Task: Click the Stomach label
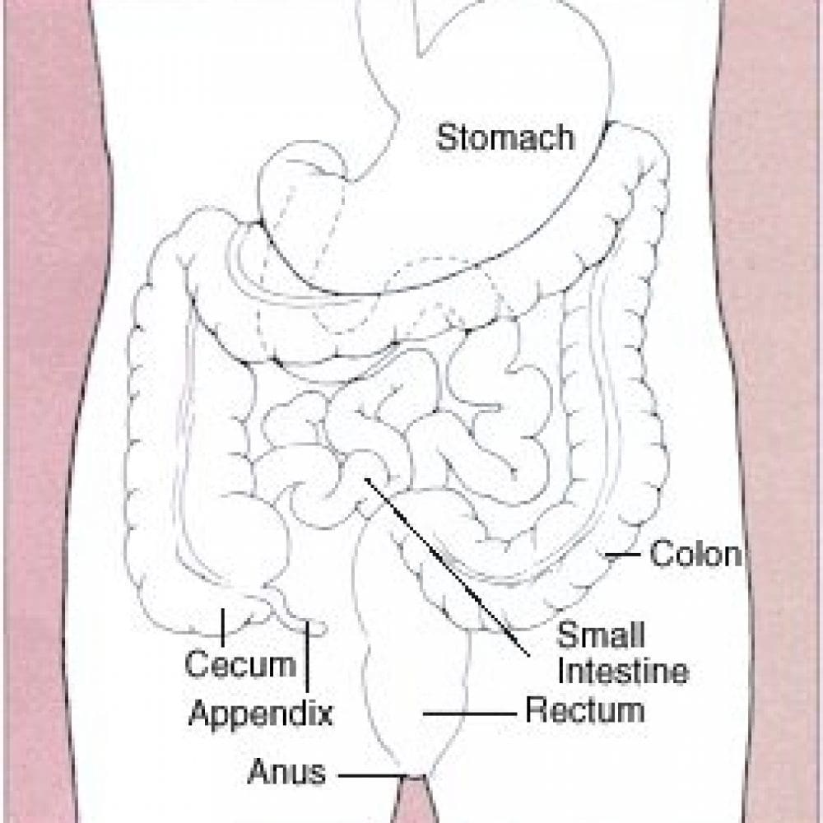[505, 137]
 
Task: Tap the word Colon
[695, 554]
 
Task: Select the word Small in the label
[601, 635]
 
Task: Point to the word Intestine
[623, 671]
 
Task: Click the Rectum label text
[585, 710]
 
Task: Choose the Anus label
[286, 772]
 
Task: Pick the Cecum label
[241, 663]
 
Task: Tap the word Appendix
[261, 714]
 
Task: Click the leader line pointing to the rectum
[470, 714]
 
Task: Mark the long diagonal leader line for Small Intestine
[447, 567]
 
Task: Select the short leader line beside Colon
[622, 554]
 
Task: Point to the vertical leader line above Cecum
[222, 627]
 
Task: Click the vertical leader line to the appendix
[307, 656]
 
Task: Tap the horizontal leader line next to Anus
[373, 775]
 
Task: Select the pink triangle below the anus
[414, 801]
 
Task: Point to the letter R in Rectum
[537, 710]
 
